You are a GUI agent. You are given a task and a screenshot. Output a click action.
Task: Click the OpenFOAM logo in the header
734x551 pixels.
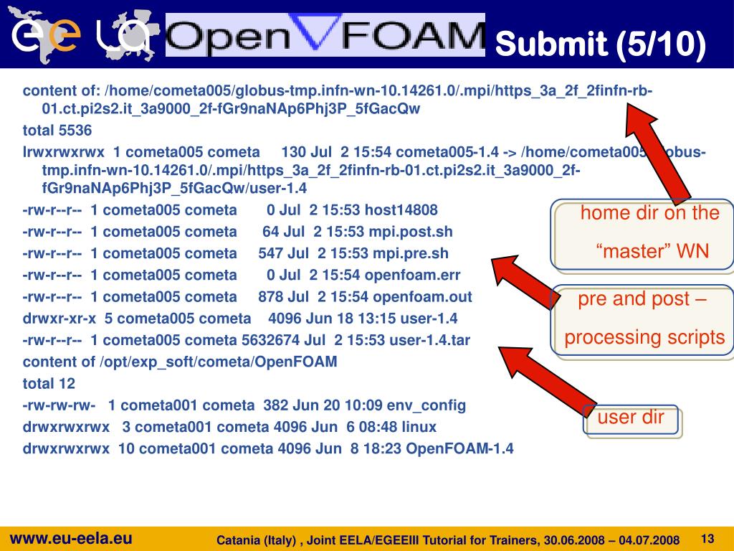point(325,34)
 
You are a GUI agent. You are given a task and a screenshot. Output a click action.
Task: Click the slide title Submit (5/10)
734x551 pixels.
point(601,44)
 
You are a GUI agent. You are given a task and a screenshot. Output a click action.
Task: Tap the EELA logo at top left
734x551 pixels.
point(79,34)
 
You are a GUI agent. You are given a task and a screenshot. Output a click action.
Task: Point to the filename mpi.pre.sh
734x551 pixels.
point(409,253)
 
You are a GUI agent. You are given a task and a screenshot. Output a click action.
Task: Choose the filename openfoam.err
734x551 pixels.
point(414,275)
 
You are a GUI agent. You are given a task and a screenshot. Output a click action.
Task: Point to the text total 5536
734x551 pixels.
point(57,131)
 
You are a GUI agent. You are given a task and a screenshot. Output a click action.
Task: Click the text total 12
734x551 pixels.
point(49,383)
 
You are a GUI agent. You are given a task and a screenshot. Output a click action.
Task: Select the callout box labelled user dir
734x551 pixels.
point(631,418)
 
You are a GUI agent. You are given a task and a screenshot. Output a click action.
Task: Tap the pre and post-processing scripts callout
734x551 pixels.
point(644,319)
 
